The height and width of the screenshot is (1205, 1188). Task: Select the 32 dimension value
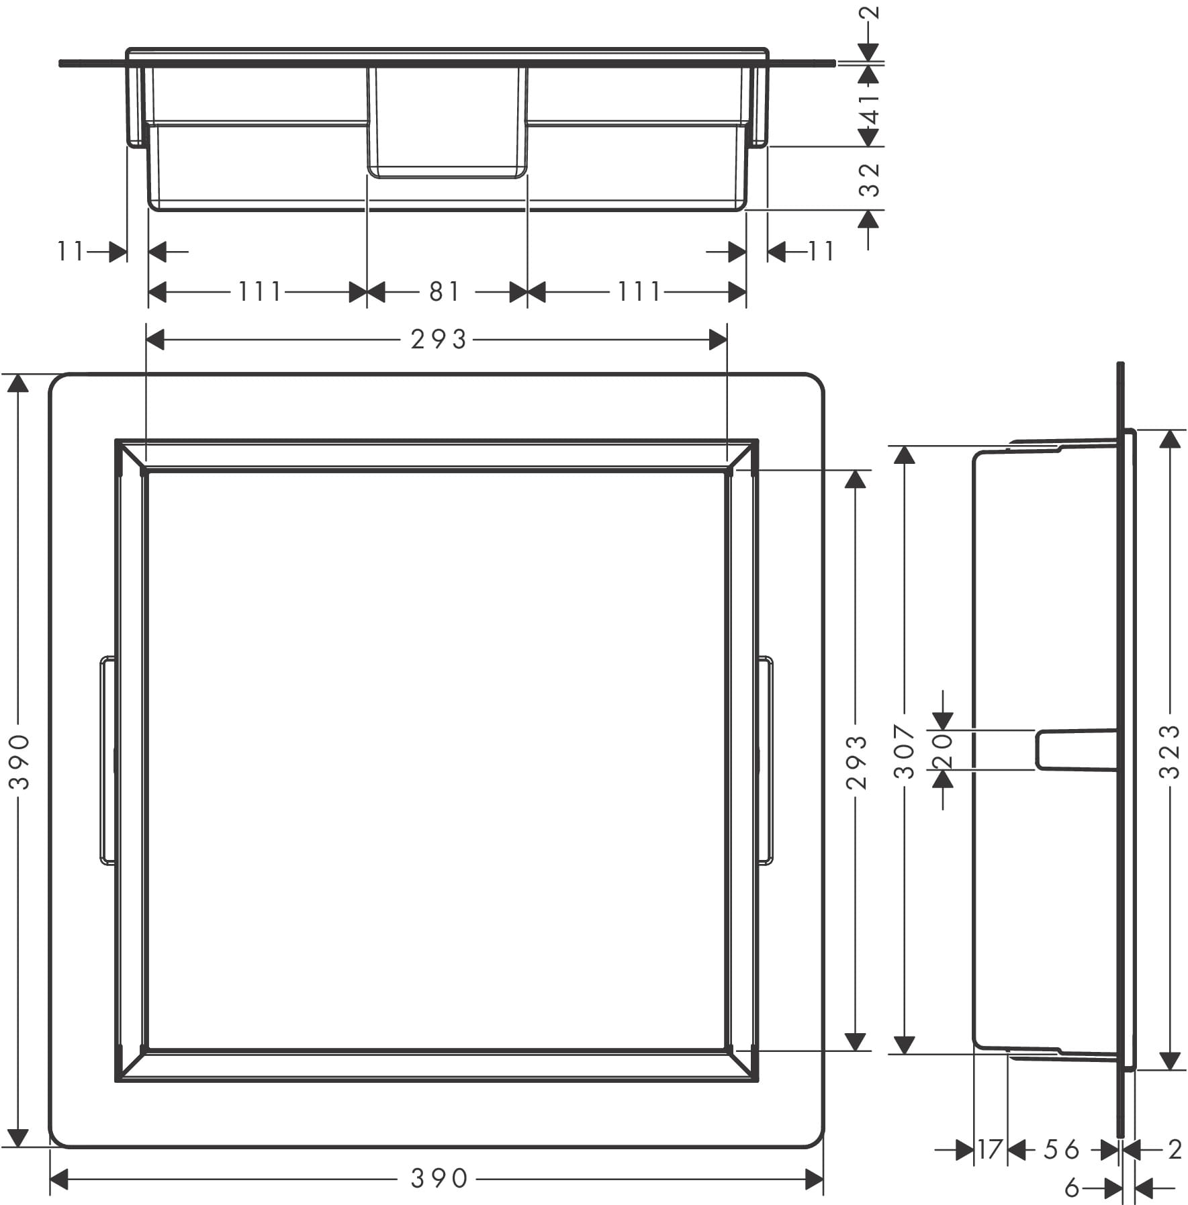point(869,179)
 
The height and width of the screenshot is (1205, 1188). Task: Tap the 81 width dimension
point(445,292)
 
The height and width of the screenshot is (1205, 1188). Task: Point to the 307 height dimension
point(905,751)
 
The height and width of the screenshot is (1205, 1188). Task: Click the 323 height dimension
point(1169,751)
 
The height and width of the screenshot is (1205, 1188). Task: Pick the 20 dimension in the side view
point(943,750)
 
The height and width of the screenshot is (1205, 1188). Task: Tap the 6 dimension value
point(1072,1188)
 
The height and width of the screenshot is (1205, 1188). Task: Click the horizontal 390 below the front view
point(439,1178)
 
